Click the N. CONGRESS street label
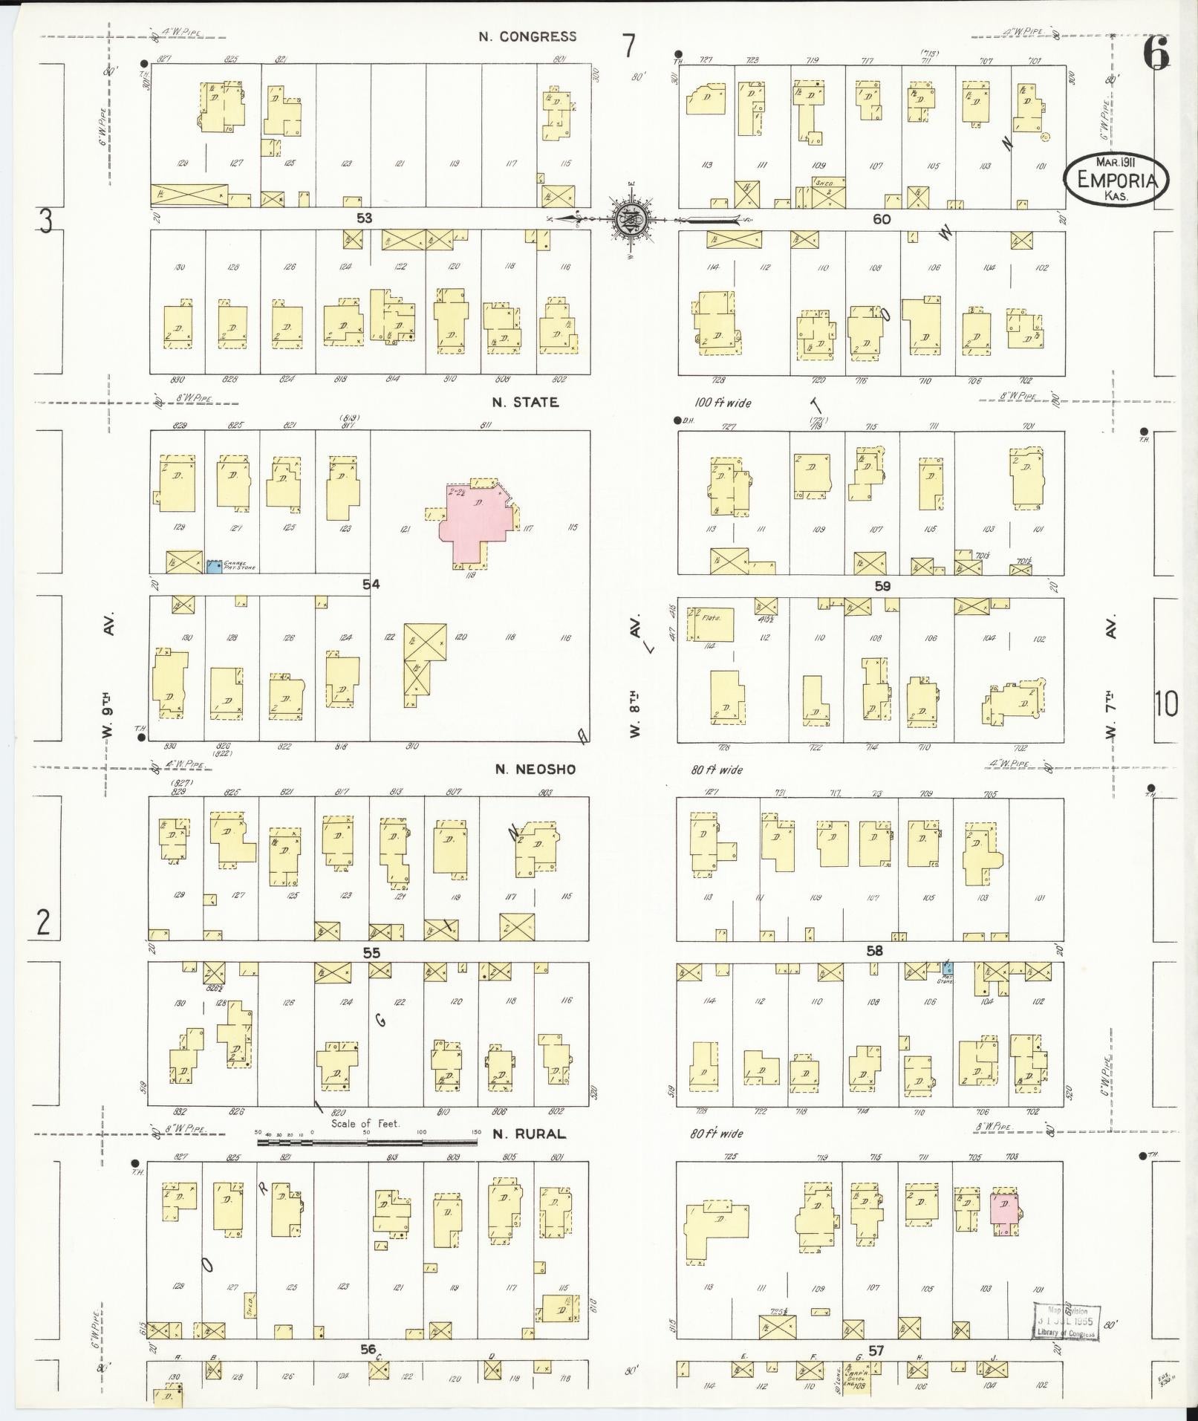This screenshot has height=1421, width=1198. pyautogui.click(x=527, y=36)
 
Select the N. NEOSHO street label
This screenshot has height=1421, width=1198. pyautogui.click(x=535, y=770)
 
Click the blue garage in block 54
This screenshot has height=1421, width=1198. pyautogui.click(x=214, y=566)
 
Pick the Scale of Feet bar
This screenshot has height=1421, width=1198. pyautogui.click(x=368, y=1142)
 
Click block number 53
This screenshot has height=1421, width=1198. pyautogui.click(x=364, y=218)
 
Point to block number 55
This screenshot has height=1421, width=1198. pyautogui.click(x=371, y=952)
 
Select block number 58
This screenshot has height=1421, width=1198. pyautogui.click(x=875, y=951)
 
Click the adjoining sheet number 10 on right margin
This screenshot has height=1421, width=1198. pyautogui.click(x=1166, y=703)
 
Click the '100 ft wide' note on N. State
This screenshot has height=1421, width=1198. pyautogui.click(x=722, y=403)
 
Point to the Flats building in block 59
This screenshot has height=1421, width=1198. pyautogui.click(x=712, y=625)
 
